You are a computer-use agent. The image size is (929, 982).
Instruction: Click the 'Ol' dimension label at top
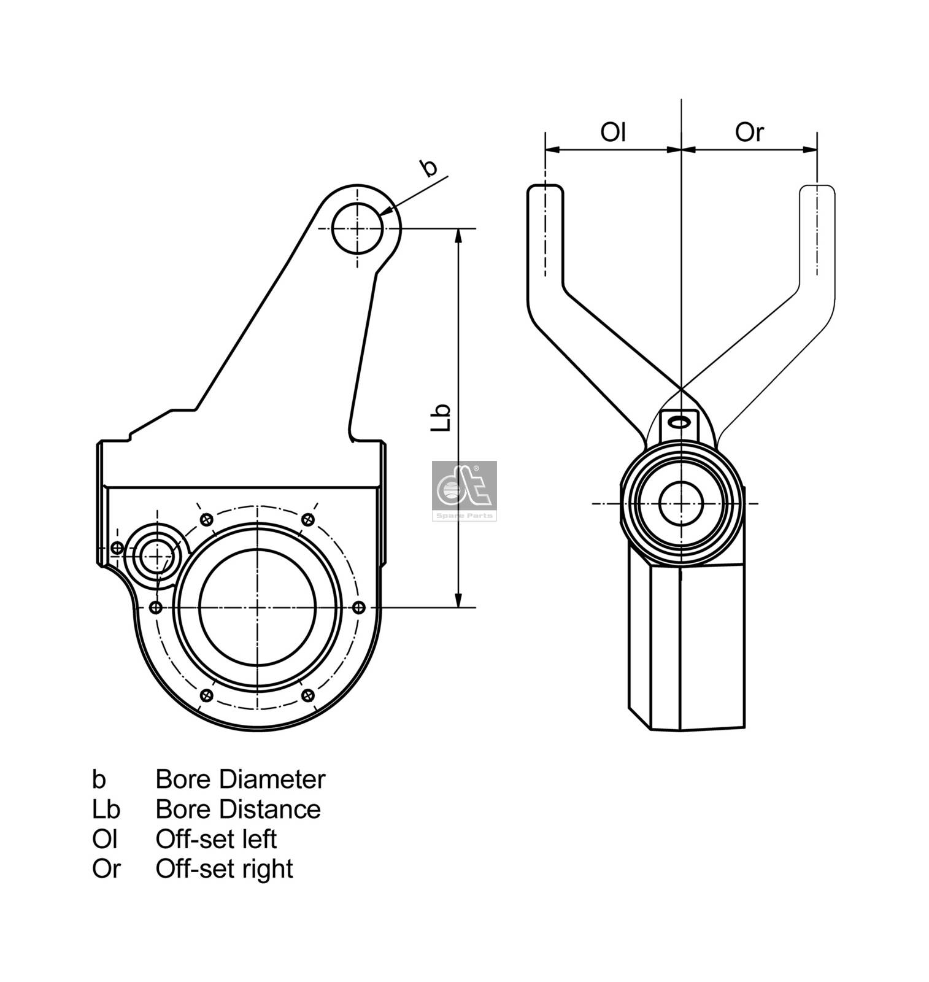point(612,131)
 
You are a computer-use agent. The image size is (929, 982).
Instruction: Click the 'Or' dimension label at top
point(749,131)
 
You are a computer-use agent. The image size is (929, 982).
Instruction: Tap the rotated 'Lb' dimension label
point(441,417)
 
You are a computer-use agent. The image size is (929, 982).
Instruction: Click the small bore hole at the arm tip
point(357,229)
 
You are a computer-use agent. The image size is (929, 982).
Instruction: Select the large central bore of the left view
point(258,607)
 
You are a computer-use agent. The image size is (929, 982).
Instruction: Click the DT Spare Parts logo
point(464,490)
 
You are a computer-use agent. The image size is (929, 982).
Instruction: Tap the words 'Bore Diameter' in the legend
point(240,779)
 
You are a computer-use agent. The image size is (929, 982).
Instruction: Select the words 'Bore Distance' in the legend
point(238,809)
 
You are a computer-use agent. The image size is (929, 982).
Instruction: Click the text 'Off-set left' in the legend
point(216,838)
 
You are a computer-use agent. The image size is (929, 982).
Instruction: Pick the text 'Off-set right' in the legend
point(224,868)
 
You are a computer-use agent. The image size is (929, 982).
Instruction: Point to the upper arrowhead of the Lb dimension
point(458,236)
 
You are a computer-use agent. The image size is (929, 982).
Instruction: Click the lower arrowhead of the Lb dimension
point(458,600)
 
